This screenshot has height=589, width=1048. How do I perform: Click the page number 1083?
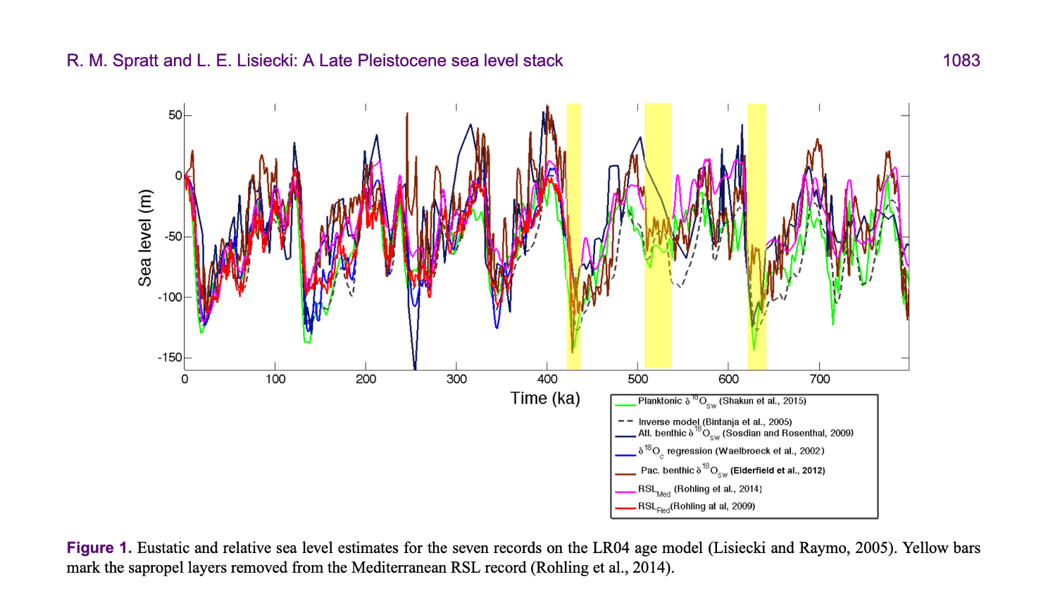961,61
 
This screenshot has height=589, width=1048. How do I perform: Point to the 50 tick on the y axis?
175,116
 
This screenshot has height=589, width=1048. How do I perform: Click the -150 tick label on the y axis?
169,358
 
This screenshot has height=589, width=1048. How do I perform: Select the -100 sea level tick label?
169,297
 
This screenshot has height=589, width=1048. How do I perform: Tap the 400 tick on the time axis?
547,379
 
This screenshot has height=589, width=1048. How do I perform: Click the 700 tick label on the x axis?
819,379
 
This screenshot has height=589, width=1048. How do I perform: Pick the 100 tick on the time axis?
275,379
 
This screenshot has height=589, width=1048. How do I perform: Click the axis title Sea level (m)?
145,238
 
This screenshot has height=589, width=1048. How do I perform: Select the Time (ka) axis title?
545,399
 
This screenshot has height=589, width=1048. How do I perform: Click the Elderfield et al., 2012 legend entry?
732,470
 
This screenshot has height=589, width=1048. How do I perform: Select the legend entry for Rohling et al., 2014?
700,489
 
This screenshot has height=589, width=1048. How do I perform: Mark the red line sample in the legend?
625,507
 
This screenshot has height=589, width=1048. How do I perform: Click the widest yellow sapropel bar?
658,235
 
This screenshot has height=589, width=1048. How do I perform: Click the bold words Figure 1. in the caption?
99,548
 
